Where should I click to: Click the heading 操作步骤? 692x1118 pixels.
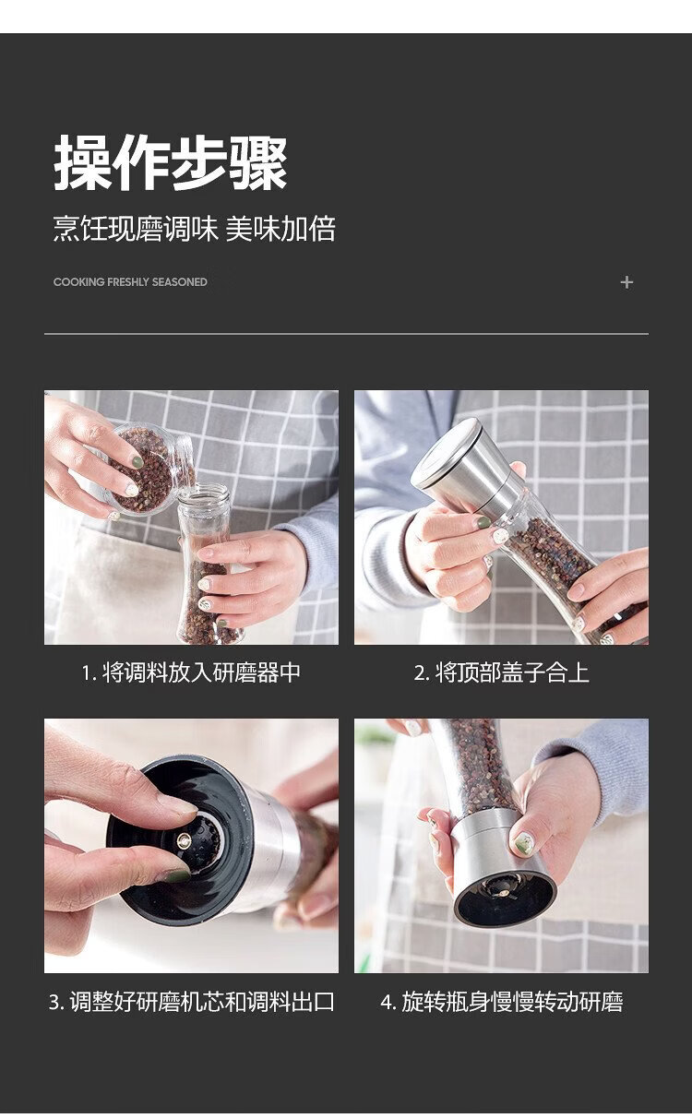171,162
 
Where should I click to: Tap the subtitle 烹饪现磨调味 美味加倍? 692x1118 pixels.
194,229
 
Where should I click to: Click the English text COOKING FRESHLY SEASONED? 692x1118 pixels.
130,282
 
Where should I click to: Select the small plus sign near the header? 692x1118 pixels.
626,282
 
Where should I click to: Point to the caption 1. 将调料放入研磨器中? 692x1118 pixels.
191,672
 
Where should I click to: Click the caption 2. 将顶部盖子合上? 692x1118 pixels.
501,672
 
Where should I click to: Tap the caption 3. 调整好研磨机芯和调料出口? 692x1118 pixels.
191,1001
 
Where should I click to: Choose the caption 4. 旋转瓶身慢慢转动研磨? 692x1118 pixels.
501,1001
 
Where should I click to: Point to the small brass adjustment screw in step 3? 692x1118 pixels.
184,841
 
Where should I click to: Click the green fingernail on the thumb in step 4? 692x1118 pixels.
524,842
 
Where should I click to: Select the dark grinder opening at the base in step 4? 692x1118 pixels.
505,897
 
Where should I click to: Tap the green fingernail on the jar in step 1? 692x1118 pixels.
137,460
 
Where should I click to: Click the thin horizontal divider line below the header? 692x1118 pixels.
346,333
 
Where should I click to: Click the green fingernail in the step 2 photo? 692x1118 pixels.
483,523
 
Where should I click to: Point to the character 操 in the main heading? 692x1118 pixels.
82,162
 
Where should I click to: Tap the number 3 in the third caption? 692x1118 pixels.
55,1002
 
